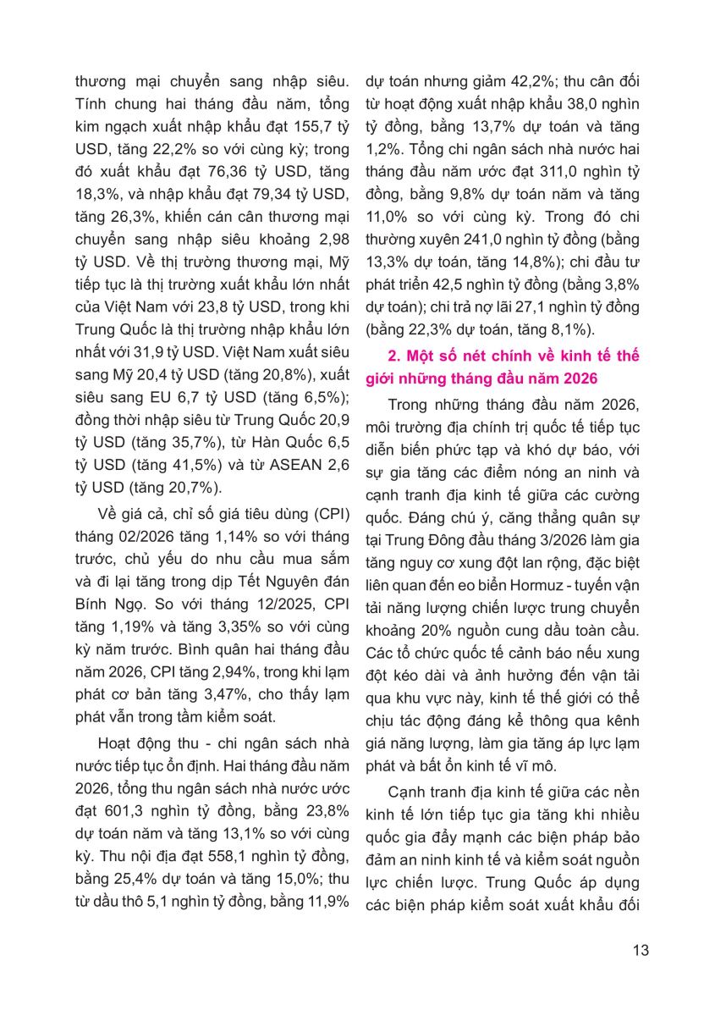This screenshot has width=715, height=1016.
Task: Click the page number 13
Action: tap(641, 950)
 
